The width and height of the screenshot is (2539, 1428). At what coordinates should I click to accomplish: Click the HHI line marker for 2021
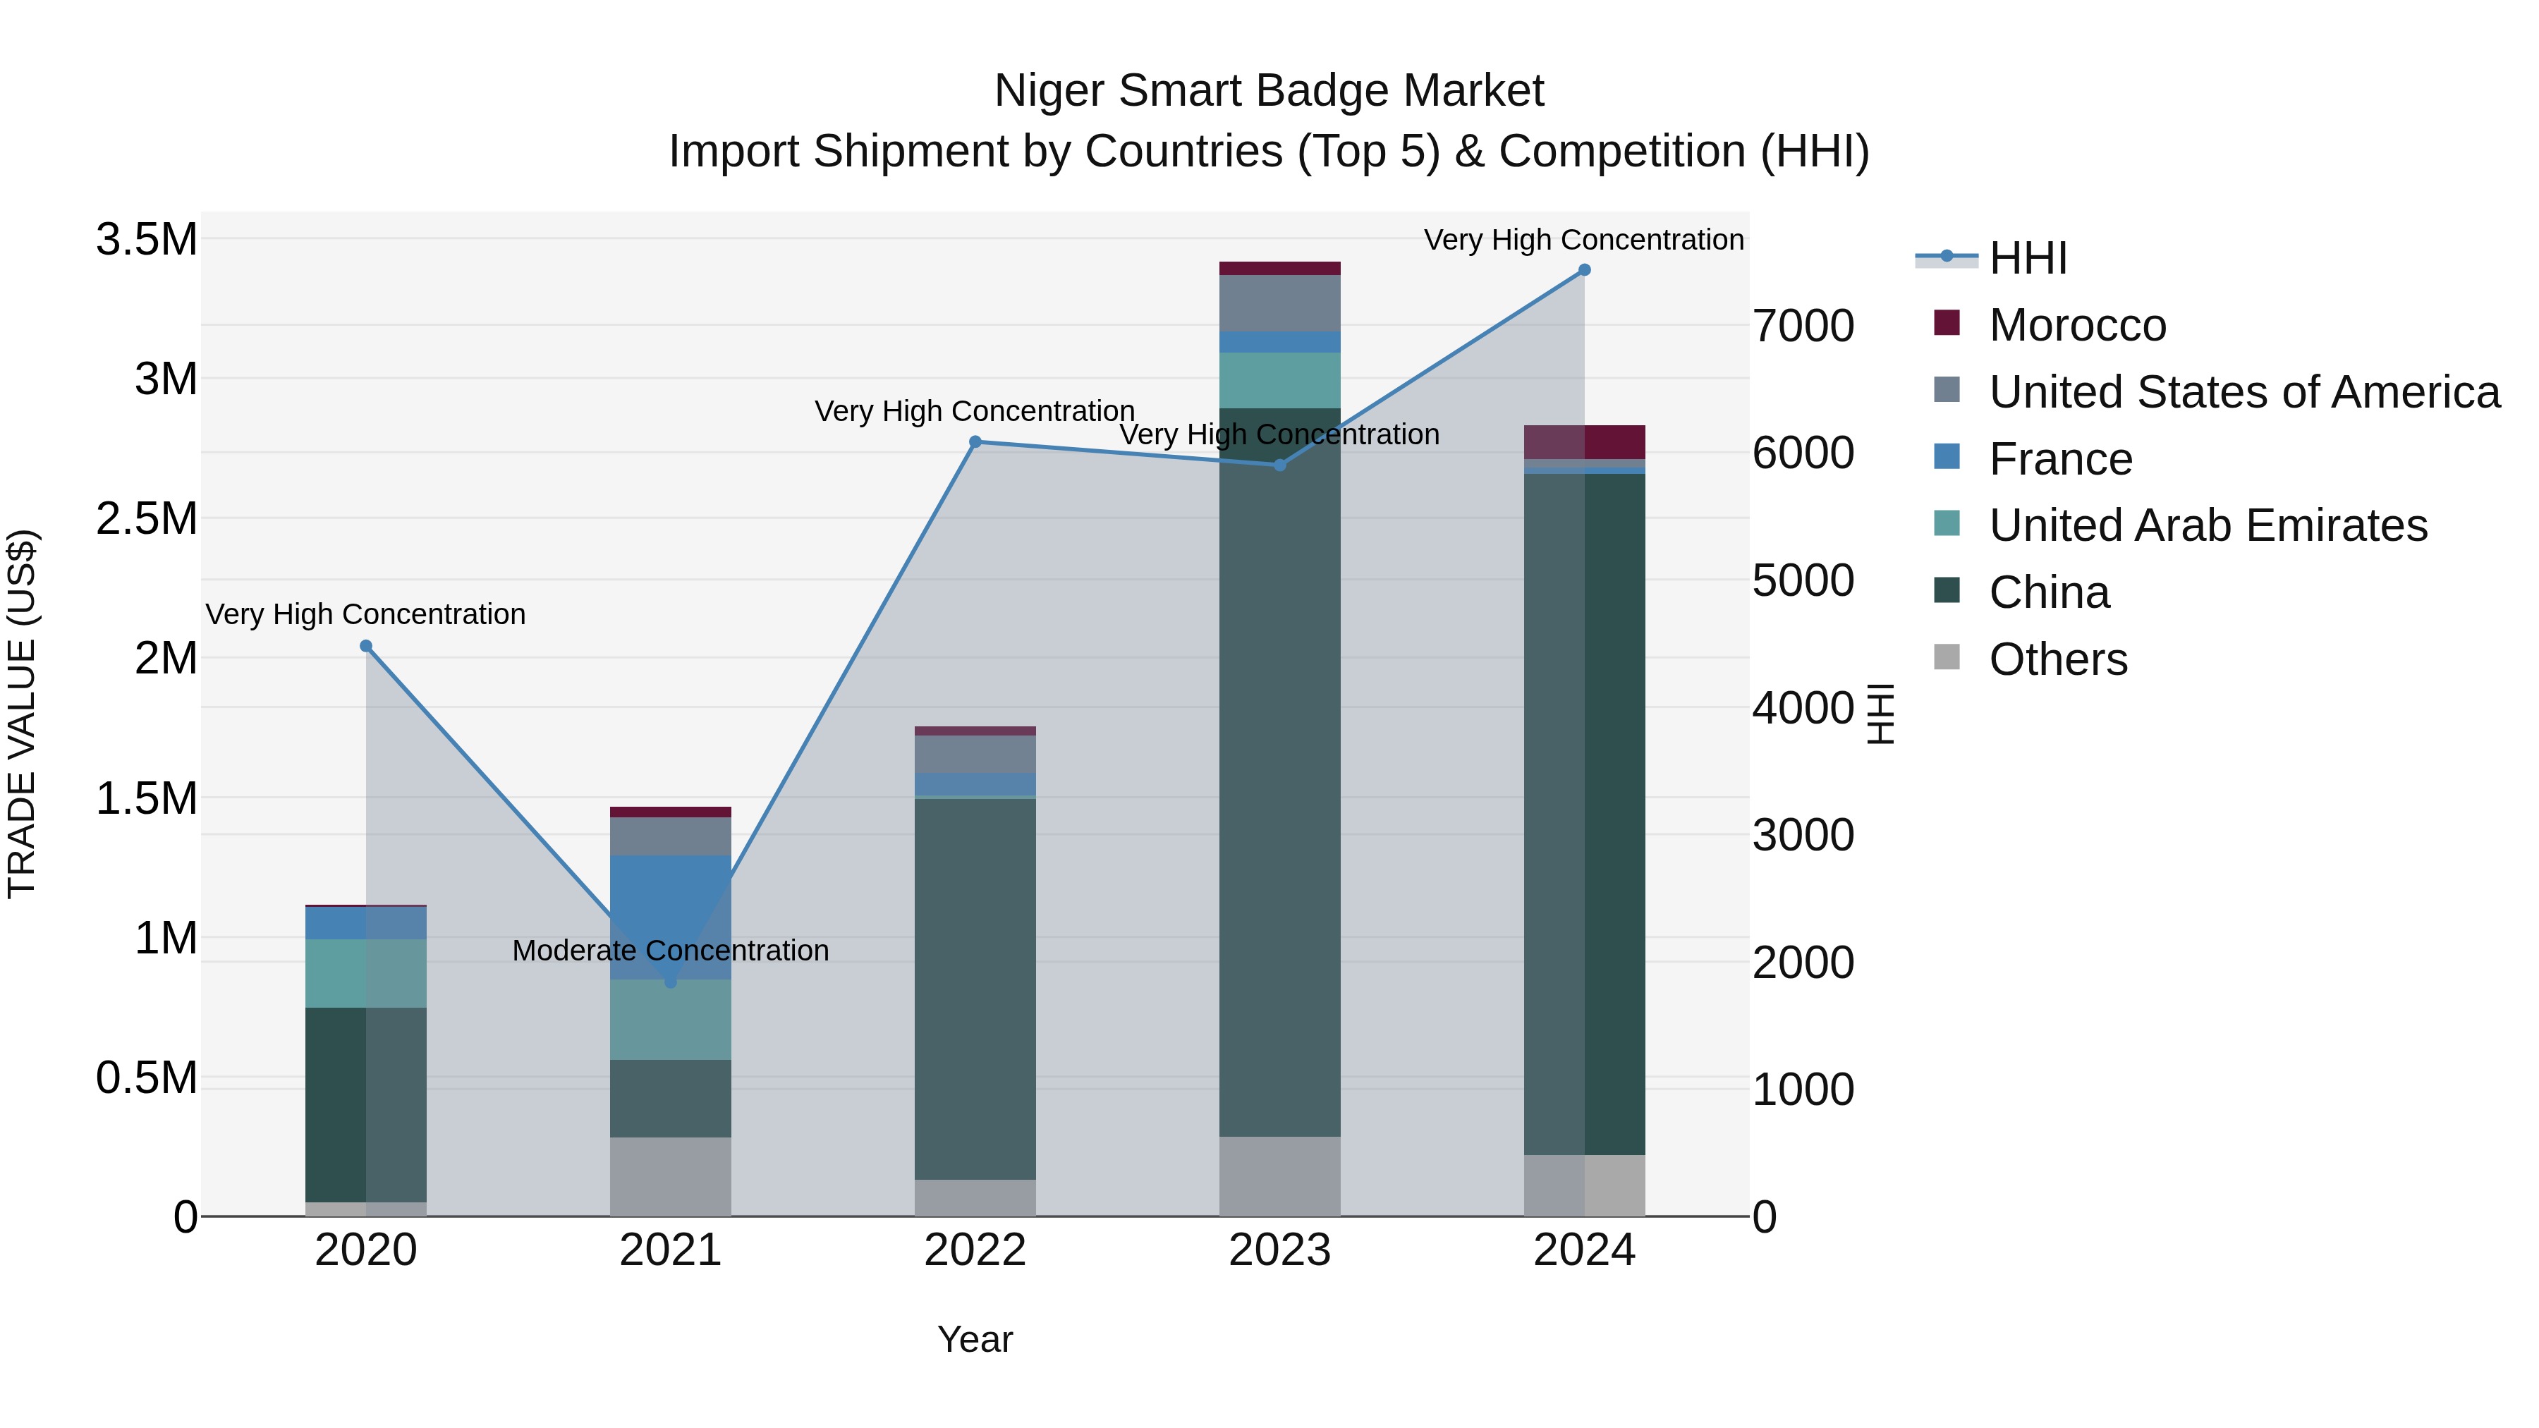[x=670, y=982]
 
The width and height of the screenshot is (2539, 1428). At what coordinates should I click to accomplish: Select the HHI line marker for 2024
[x=1584, y=270]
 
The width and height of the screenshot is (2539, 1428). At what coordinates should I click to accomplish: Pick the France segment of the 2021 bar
[x=670, y=917]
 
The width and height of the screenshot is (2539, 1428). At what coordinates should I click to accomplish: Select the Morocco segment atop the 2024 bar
[x=1584, y=441]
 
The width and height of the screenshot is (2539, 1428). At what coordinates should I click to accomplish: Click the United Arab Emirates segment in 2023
[x=1279, y=380]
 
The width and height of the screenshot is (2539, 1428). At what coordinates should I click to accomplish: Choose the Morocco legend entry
[x=2077, y=325]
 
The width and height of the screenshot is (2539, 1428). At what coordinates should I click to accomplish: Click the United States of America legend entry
[x=2243, y=392]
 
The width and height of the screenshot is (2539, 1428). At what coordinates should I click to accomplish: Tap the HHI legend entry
[x=2028, y=258]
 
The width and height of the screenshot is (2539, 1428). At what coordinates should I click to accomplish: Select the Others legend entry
[x=2057, y=659]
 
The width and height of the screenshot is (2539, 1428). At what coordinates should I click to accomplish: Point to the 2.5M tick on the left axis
[x=146, y=518]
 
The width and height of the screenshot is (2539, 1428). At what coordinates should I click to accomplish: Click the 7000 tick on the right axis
[x=1803, y=327]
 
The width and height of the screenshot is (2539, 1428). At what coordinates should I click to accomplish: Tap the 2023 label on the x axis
[x=1279, y=1250]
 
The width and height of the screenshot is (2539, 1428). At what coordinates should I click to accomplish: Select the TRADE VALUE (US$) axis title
[x=22, y=714]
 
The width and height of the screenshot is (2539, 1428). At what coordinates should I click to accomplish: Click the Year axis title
[x=975, y=1339]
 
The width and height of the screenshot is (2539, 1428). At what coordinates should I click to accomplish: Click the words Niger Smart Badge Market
[x=1269, y=91]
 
